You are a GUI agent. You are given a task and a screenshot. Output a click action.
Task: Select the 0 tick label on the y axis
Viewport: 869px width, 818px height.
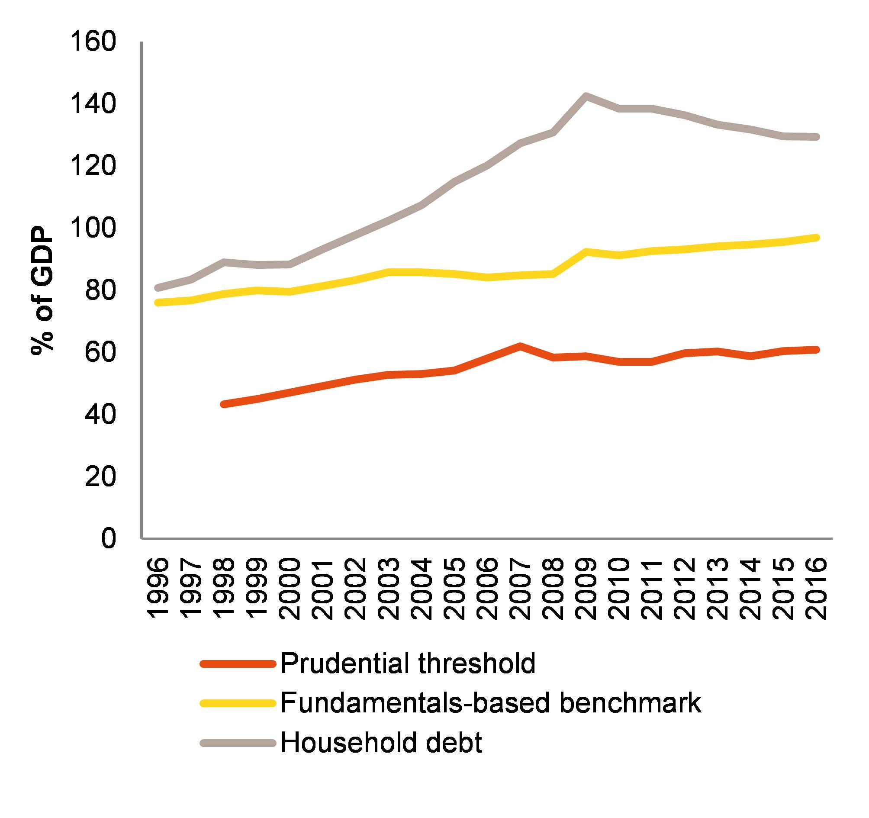(x=109, y=539)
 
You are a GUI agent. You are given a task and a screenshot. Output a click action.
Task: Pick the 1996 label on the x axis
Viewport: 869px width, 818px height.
(x=158, y=588)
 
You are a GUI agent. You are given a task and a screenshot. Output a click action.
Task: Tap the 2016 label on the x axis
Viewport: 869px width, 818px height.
(x=816, y=588)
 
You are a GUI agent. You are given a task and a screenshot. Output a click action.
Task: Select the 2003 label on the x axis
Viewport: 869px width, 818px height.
(x=388, y=588)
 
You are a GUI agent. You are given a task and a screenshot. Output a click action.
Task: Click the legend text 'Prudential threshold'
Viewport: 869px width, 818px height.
(x=408, y=663)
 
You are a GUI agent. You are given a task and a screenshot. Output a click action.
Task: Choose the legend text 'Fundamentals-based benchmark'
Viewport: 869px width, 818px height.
(x=490, y=703)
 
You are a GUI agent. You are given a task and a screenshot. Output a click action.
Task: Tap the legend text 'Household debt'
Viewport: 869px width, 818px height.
(x=381, y=742)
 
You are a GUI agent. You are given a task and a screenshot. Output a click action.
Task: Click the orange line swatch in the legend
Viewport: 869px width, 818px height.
(x=238, y=664)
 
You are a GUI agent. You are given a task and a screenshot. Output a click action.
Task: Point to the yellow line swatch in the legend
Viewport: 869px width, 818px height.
(x=238, y=703)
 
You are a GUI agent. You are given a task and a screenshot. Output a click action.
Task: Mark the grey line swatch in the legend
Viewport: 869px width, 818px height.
(x=238, y=743)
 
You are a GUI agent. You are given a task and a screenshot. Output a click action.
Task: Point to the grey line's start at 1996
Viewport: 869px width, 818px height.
(x=158, y=288)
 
